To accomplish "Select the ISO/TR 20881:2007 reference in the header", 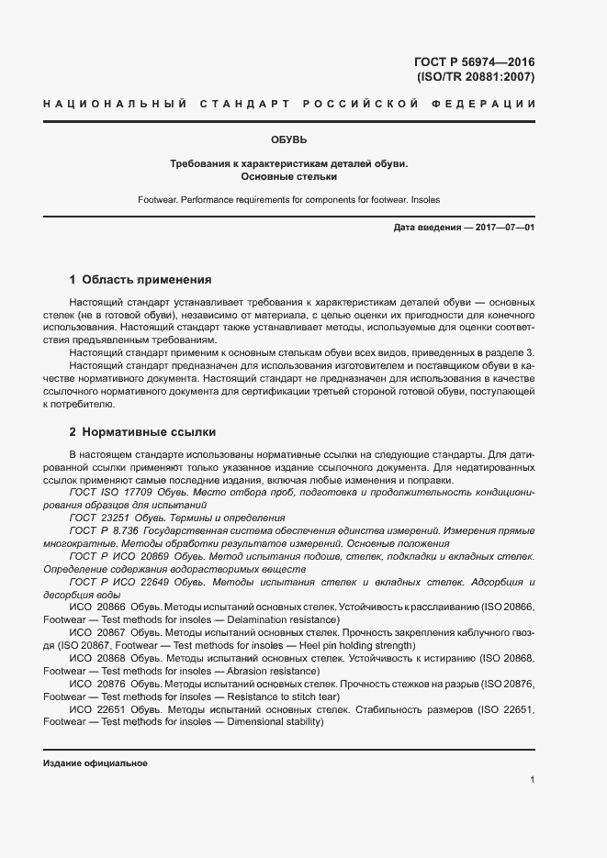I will [x=476, y=77].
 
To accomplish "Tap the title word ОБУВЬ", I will [x=288, y=139].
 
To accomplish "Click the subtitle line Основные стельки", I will [x=288, y=176].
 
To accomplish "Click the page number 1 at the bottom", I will [x=532, y=779].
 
